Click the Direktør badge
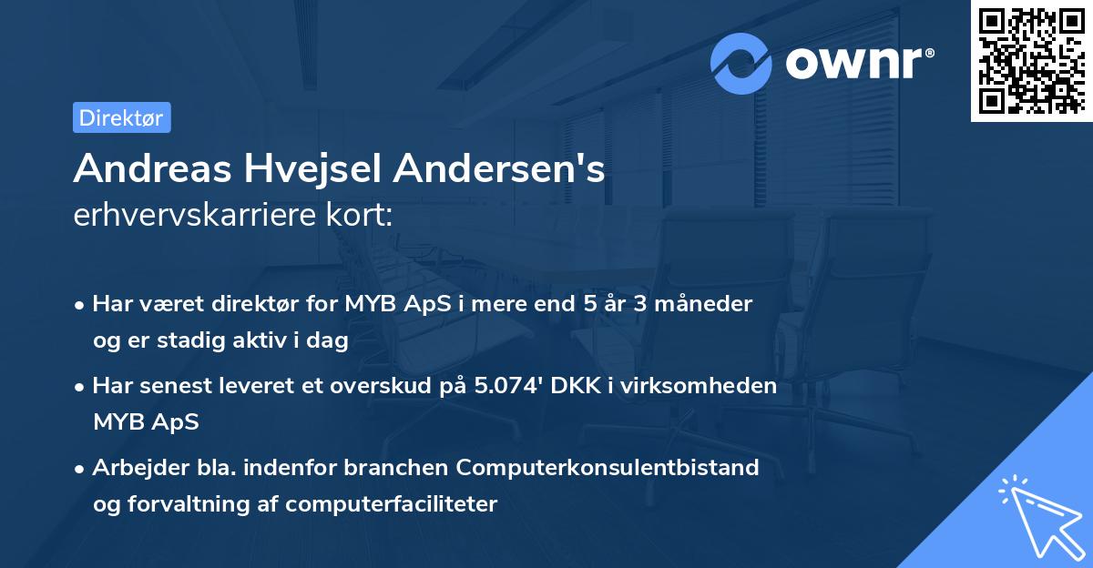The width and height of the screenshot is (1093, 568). click(x=121, y=117)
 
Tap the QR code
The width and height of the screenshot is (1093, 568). click(x=1031, y=61)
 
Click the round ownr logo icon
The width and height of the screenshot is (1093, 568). click(x=741, y=63)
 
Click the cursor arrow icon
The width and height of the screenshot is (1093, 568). click(x=1038, y=515)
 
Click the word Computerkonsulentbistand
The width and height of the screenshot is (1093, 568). click(x=608, y=468)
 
